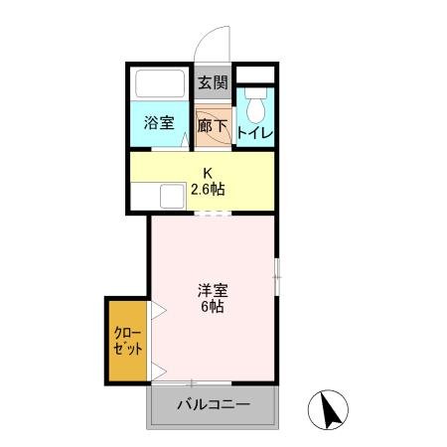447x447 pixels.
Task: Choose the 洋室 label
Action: pos(212,290)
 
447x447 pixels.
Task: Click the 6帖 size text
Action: pos(212,307)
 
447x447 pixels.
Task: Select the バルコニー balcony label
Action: pos(215,404)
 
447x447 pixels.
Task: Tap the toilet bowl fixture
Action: pos(254,105)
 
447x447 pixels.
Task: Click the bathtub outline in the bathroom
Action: pos(159,86)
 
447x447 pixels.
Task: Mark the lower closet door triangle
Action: pos(157,372)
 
